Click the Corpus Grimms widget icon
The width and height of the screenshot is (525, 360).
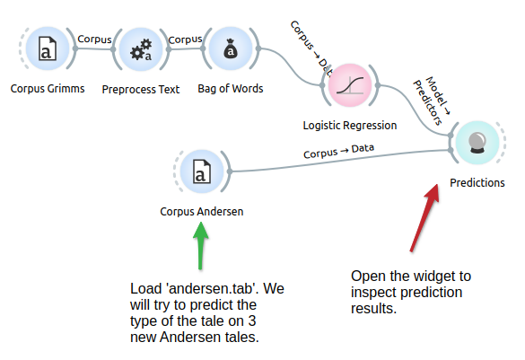(48, 48)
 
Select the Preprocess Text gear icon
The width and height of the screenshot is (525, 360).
(141, 49)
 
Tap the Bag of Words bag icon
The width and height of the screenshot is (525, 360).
(231, 49)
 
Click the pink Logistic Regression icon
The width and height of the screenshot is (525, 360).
(350, 85)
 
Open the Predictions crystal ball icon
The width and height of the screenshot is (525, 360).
(477, 143)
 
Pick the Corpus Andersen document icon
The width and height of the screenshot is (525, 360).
(202, 171)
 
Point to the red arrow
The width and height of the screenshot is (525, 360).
(424, 217)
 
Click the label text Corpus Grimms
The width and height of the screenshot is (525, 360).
(48, 89)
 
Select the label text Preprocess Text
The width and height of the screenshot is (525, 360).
(141, 90)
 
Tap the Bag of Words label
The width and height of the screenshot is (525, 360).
(231, 89)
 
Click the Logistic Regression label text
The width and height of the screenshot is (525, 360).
(350, 126)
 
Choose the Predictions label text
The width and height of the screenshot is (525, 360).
(477, 183)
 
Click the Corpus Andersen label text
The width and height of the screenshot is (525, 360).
(202, 212)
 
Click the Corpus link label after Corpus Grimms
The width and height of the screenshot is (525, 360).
(94, 40)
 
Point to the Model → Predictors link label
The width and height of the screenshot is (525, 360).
(432, 101)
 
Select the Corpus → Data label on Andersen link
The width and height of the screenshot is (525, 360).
(338, 152)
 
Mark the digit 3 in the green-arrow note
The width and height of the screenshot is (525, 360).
(252, 321)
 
